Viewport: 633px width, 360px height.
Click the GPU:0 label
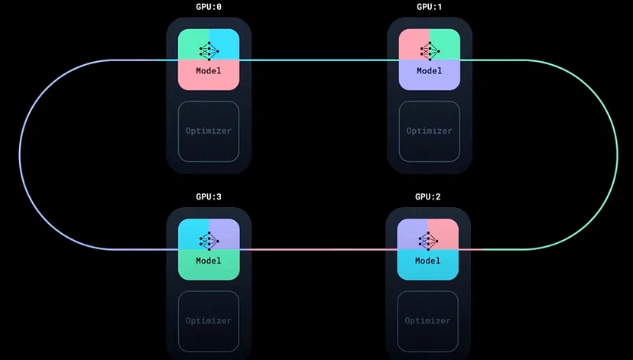coord(209,7)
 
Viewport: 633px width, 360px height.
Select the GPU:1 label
coord(429,7)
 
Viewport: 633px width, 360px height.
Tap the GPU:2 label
coord(428,196)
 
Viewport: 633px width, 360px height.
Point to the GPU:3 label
coord(209,196)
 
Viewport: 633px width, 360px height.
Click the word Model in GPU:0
coord(209,71)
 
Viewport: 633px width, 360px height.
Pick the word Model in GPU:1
coord(429,71)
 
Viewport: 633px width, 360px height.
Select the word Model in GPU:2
coord(428,261)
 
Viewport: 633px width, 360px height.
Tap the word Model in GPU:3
coord(209,261)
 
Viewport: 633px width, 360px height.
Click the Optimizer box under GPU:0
coord(209,131)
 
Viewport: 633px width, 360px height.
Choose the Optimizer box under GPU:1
coord(429,131)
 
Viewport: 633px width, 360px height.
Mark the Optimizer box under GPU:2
coord(428,320)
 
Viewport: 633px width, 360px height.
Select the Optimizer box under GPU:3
coord(209,320)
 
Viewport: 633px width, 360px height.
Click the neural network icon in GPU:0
coord(209,50)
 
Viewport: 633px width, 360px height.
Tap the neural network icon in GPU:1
coord(429,50)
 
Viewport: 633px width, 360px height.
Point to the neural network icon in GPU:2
coord(428,240)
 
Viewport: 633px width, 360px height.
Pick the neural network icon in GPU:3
coord(209,240)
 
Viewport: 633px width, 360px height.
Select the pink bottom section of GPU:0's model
coord(209,81)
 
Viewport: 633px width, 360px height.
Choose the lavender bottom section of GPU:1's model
coord(429,81)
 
